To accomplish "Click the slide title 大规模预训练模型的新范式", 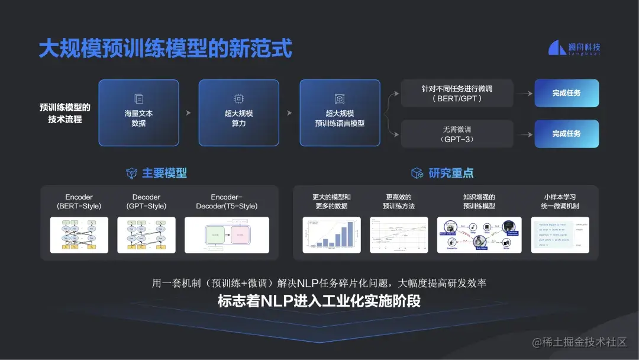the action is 166,49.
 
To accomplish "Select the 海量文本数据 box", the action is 138,112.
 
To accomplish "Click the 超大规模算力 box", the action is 238,112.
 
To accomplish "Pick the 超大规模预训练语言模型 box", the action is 340,112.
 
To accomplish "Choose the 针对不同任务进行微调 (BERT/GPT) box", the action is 457,94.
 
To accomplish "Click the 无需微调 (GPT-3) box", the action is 457,134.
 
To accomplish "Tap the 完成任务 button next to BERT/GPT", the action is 566,94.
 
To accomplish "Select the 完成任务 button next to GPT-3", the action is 566,134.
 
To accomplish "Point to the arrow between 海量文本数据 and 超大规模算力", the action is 189,112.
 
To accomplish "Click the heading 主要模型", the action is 164,173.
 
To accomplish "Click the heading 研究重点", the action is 451,173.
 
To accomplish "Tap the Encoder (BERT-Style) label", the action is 79,202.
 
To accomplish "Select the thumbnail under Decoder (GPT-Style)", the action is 146,235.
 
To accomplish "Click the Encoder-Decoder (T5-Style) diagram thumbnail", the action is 227,235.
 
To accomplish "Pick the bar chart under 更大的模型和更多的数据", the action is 331,235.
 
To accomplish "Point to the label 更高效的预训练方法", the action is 399,202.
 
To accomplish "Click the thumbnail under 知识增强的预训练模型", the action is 479,235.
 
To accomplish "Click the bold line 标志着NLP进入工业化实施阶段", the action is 319,301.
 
